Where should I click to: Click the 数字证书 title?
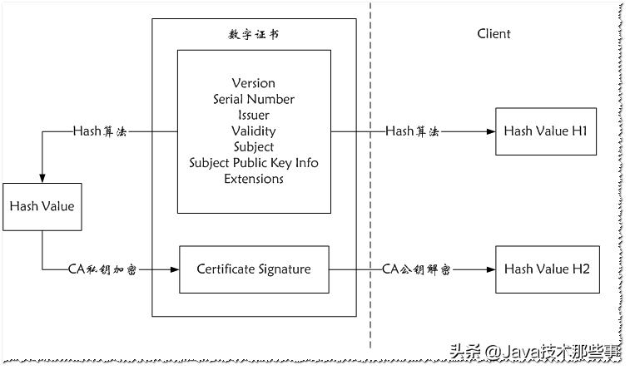click(253, 34)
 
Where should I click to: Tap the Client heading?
click(494, 34)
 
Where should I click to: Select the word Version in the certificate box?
click(253, 83)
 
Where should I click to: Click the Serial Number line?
click(253, 99)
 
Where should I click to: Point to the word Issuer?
click(253, 115)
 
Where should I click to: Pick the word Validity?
click(253, 131)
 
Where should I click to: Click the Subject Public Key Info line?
click(253, 162)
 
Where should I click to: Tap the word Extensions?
click(253, 178)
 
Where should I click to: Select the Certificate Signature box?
click(254, 269)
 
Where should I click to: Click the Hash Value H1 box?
click(547, 131)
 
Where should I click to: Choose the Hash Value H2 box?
click(547, 269)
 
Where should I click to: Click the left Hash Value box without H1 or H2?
click(42, 207)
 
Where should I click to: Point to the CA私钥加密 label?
click(102, 269)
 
